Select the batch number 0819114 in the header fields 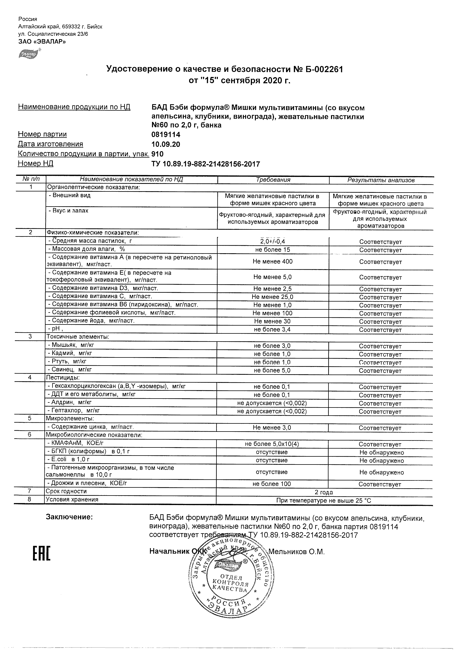(166, 134)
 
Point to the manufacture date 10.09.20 (166, 144)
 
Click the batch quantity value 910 (158, 154)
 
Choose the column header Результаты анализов (381, 180)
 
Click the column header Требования (273, 180)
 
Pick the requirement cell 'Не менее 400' (272, 262)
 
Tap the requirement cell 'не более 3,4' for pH (272, 330)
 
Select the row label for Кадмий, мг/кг (70, 353)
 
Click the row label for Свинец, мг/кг (70, 370)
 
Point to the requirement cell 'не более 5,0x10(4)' (272, 444)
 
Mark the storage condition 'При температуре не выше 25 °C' (324, 501)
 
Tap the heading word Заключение (69, 517)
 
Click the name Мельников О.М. (296, 552)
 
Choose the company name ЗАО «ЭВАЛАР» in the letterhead (42, 42)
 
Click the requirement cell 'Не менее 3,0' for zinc (272, 428)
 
